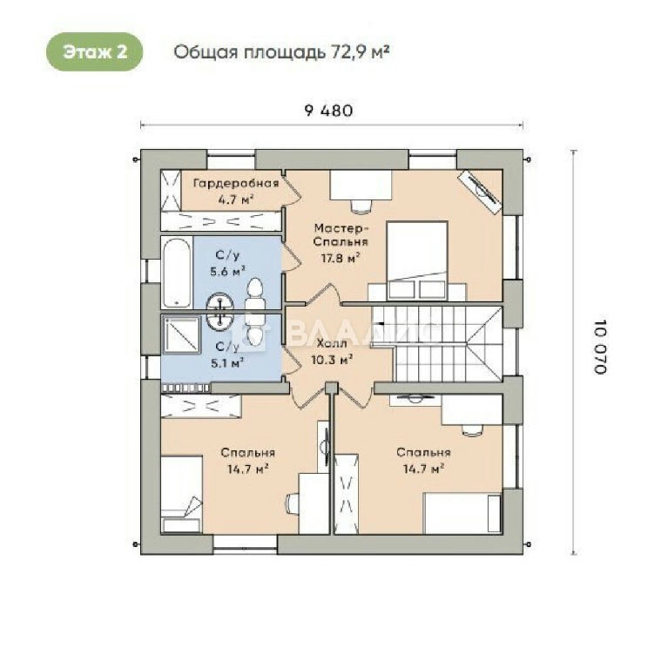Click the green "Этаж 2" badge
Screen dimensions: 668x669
(94, 51)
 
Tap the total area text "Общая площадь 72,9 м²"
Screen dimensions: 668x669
(281, 52)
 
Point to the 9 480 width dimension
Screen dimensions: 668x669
(328, 111)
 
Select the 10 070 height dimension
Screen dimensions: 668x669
(600, 347)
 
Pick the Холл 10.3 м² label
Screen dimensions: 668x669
(332, 352)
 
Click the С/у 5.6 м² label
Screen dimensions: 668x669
(227, 263)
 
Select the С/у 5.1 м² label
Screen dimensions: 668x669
(227, 355)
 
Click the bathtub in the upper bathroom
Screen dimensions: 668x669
(177, 272)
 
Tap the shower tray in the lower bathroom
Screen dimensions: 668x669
(180, 334)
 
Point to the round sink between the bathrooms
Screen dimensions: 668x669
(220, 310)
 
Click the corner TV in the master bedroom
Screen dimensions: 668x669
(480, 191)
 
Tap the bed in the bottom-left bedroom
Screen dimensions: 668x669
(181, 494)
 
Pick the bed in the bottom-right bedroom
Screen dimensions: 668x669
(462, 513)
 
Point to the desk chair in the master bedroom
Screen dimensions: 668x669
(361, 206)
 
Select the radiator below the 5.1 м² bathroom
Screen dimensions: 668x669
(186, 389)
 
